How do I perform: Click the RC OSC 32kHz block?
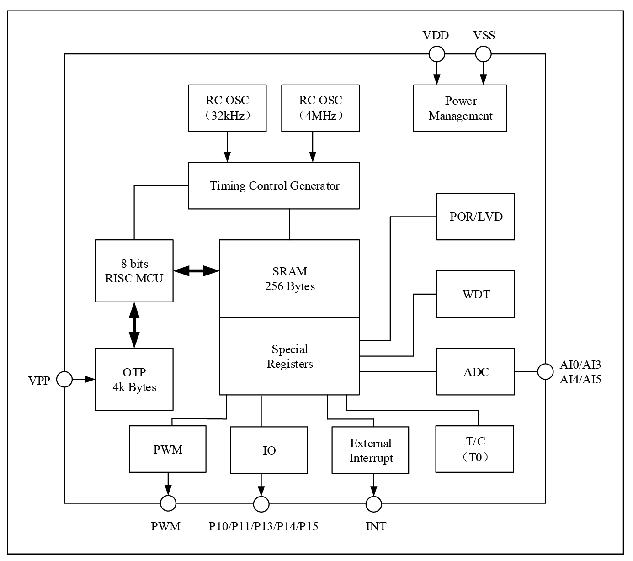227,108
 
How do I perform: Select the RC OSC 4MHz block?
320,108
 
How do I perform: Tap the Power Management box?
460,108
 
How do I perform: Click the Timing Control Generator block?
274,186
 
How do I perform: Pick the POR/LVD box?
475,217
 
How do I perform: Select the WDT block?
475,294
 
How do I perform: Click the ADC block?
475,372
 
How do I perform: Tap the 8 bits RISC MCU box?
134,271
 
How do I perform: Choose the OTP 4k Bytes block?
134,379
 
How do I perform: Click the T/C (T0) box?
474,449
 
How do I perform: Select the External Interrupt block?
370,450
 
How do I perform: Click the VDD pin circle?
436,54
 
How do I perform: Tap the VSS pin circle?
483,54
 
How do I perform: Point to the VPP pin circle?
64,379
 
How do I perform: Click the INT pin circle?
374,504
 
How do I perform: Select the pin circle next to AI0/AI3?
545,371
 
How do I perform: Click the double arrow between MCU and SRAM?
197,271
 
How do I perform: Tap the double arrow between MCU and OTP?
134,325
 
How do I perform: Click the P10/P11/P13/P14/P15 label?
263,527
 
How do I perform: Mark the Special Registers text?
290,356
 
